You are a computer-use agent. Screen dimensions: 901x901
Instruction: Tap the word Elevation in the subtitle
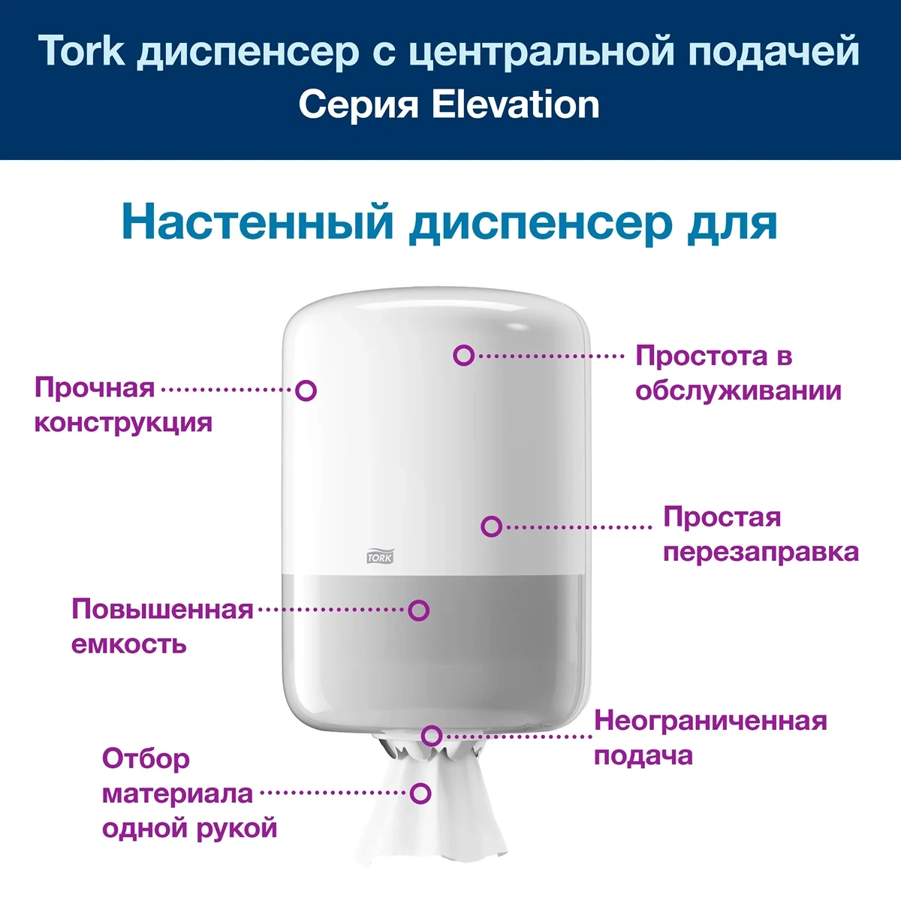tap(515, 104)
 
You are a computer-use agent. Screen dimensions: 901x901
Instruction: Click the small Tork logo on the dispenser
tap(380, 556)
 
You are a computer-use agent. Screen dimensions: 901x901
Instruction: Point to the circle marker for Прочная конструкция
tap(306, 390)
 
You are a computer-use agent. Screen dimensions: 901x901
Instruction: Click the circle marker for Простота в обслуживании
tap(463, 355)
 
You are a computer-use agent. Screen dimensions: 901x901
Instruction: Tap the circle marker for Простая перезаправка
tap(491, 526)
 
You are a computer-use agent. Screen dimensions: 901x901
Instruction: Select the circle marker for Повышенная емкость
tap(418, 610)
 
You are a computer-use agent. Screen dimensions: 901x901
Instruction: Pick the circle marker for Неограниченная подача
tap(432, 736)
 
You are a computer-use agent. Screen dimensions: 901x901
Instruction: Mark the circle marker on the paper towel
tap(420, 794)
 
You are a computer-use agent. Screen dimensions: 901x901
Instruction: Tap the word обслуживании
tap(738, 391)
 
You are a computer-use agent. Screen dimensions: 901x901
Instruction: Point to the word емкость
tap(129, 645)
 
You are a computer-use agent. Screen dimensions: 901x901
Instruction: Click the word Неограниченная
tap(711, 721)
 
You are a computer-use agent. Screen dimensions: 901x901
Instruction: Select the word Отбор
tap(146, 758)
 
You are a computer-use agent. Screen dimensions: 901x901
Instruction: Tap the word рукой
tap(237, 828)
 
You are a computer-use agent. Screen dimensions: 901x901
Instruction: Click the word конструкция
tap(124, 423)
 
